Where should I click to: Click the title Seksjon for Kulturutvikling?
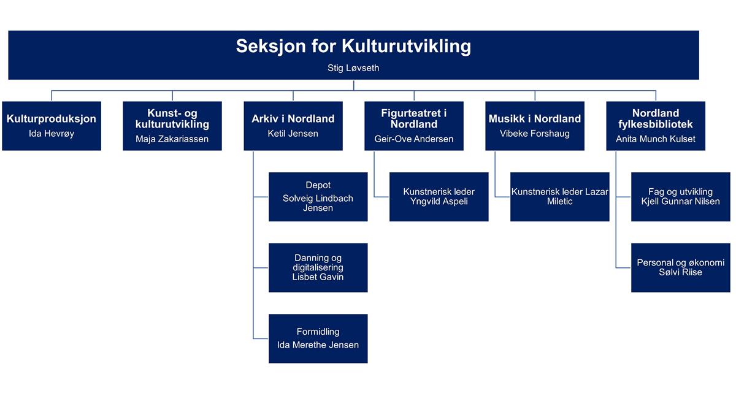click(x=353, y=47)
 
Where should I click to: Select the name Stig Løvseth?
click(x=353, y=68)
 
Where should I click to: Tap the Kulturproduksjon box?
click(x=52, y=126)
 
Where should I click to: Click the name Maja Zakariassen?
click(x=172, y=139)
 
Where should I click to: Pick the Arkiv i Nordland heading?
click(x=293, y=118)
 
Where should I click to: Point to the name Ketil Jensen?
click(x=293, y=134)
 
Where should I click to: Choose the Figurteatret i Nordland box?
click(x=414, y=126)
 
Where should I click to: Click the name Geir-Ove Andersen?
click(x=414, y=139)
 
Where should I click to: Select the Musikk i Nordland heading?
click(x=535, y=118)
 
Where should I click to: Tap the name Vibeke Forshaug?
click(x=535, y=134)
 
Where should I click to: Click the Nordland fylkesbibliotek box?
click(x=656, y=126)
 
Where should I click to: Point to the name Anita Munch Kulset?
click(x=656, y=139)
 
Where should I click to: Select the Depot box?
click(x=318, y=197)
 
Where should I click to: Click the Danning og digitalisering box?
click(x=318, y=267)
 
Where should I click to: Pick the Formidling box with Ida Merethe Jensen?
click(x=318, y=338)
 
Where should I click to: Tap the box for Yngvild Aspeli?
click(x=439, y=197)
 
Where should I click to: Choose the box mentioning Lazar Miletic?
click(x=560, y=197)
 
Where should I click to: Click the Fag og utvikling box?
click(x=681, y=197)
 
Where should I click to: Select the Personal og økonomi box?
click(x=681, y=267)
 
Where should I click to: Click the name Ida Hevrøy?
click(x=52, y=134)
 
